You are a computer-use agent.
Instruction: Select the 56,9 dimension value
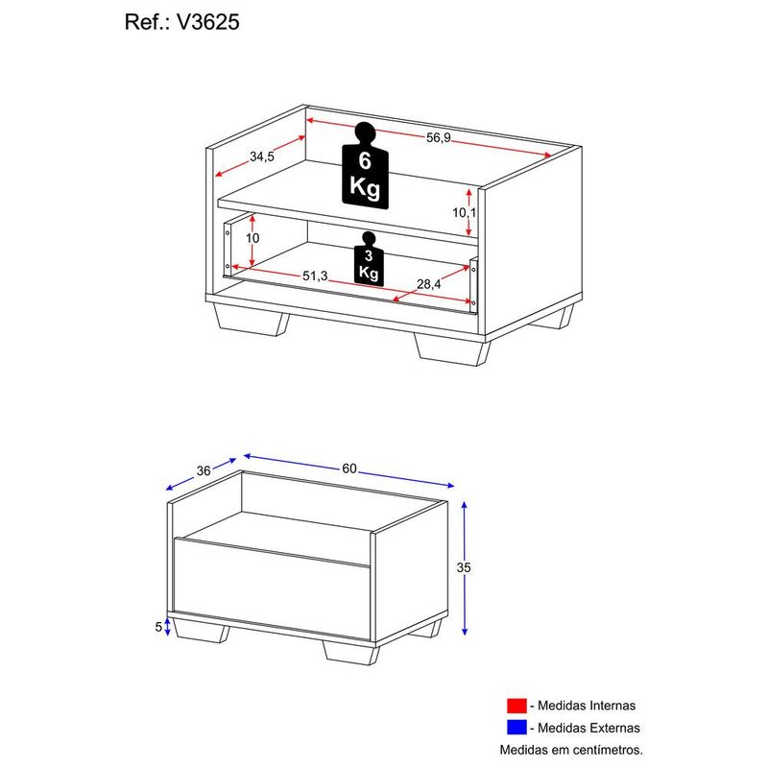point(438,137)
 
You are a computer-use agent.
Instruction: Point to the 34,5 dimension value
point(262,156)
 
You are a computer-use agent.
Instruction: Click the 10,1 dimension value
point(464,212)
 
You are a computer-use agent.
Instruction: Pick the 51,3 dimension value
point(316,276)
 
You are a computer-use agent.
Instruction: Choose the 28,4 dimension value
point(429,284)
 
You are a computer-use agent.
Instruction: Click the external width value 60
point(349,468)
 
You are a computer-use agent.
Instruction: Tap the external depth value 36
point(203,470)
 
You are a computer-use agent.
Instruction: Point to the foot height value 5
point(157,627)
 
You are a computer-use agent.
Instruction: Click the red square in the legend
point(517,706)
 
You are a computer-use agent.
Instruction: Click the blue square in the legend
point(517,728)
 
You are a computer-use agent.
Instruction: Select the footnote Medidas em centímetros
point(571,749)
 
